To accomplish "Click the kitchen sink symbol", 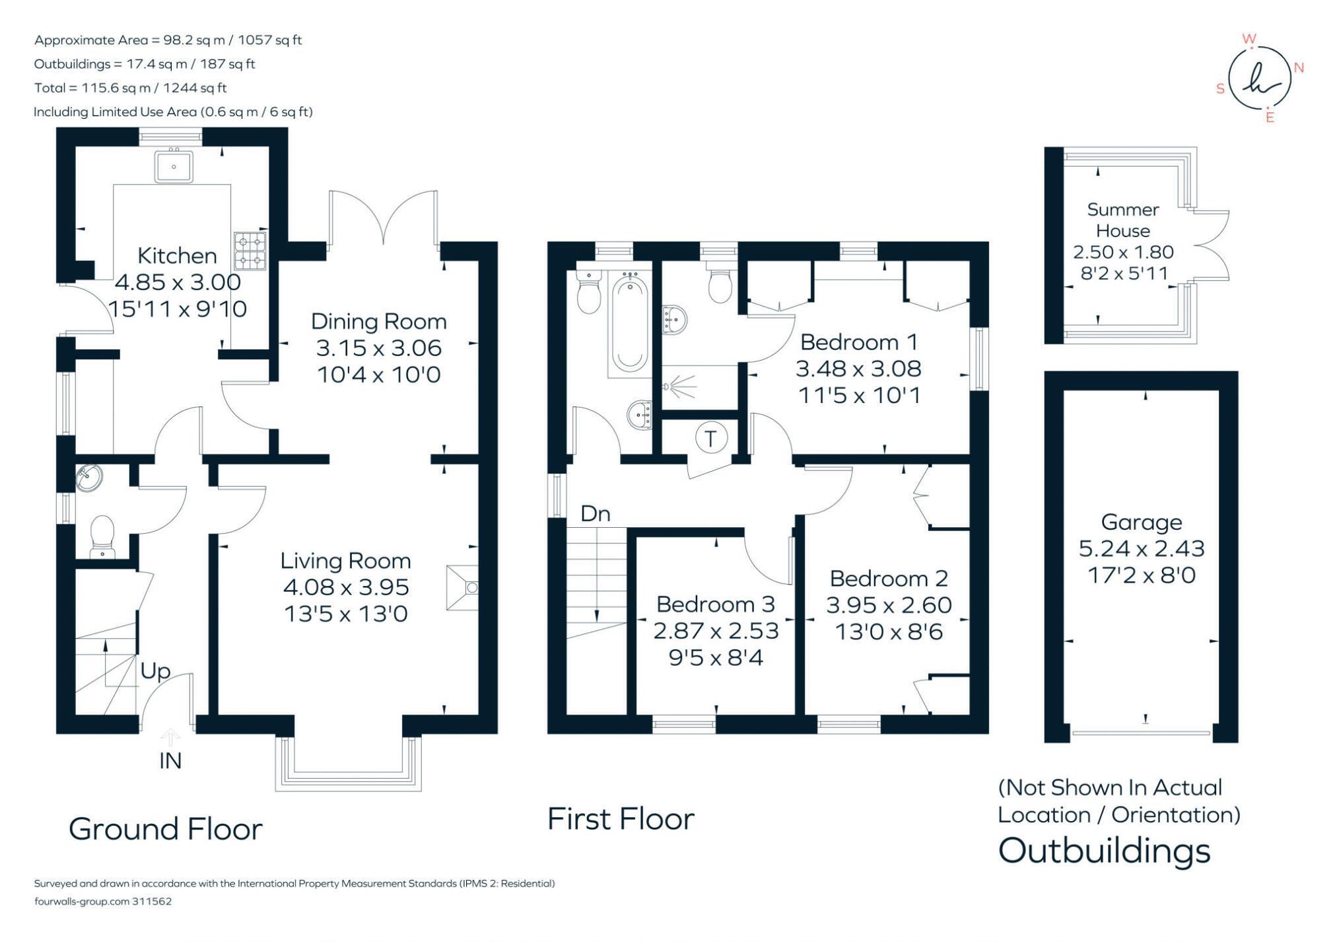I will point(174,166).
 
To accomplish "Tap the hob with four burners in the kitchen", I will point(250,250).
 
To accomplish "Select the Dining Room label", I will point(378,322).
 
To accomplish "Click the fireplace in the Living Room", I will point(462,587).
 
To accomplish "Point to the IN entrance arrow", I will point(170,737).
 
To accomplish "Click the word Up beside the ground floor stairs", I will point(155,671).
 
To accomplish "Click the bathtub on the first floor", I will point(630,324).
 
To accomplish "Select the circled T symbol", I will point(710,439).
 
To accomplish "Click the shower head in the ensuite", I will point(673,385).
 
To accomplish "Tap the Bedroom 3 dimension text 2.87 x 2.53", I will point(716,631).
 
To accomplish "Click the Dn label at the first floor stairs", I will point(595,514).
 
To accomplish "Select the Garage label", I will point(1141,523).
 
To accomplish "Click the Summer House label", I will point(1122,220).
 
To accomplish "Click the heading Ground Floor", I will point(166,829).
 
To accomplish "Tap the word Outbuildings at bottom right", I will point(1104,851).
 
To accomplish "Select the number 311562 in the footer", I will point(152,901).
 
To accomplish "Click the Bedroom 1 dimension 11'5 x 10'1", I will point(858,396).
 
